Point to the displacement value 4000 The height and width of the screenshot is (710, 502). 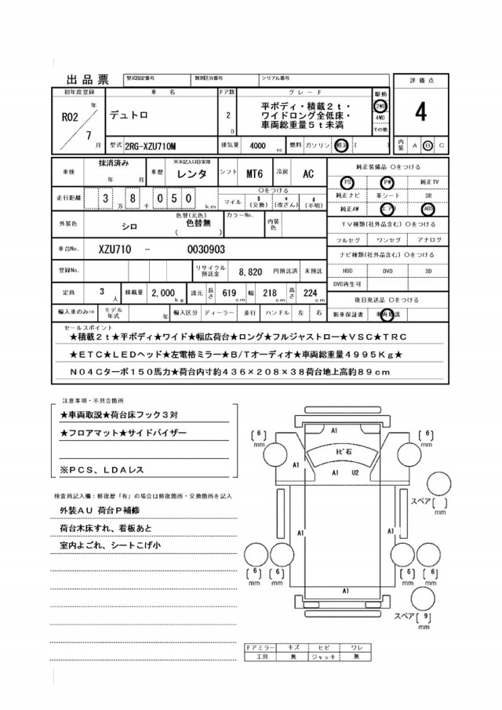[x=256, y=146]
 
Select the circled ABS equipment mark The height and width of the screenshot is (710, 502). [x=427, y=209]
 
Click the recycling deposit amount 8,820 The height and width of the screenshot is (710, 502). [x=250, y=270]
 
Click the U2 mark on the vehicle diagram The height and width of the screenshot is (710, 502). [x=355, y=473]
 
